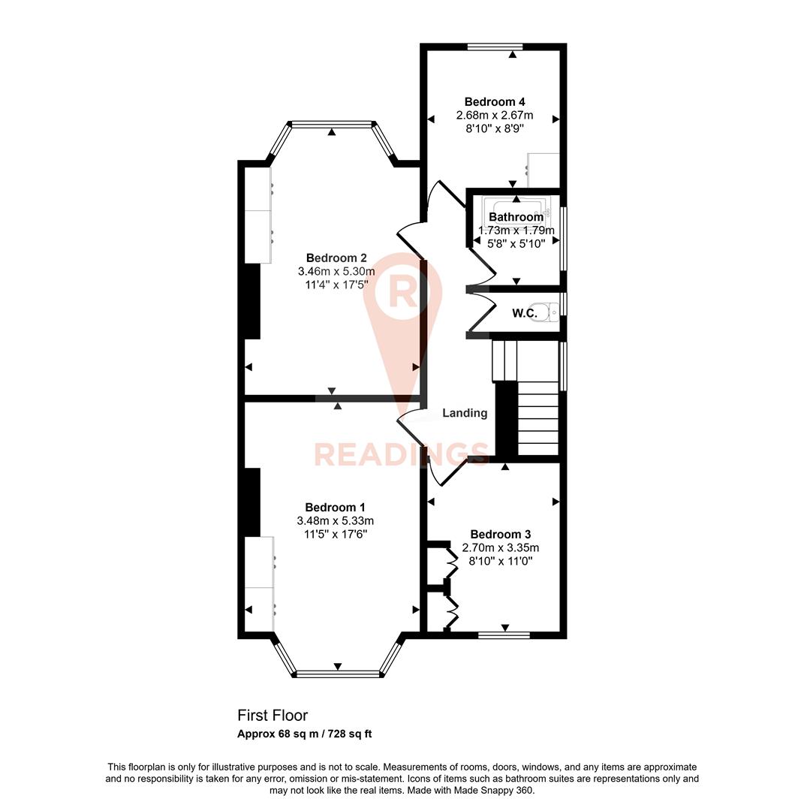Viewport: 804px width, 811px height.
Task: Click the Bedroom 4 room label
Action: (x=494, y=102)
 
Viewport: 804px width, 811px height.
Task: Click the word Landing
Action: (x=465, y=413)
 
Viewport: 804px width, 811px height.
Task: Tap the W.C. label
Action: (x=525, y=313)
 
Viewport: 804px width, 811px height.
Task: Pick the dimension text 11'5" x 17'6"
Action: (x=336, y=534)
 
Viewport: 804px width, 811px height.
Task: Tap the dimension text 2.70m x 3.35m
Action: (x=500, y=548)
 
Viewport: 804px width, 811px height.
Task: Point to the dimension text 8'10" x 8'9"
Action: (x=494, y=128)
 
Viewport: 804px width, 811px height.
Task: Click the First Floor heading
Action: (x=273, y=716)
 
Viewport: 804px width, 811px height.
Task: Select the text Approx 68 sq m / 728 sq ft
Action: (x=304, y=734)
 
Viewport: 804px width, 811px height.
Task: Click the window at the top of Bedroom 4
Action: (x=494, y=47)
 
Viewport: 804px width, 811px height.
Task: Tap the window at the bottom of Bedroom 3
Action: (x=504, y=635)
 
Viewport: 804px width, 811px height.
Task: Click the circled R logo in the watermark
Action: (x=402, y=292)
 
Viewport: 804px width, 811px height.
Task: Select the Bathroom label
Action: (x=516, y=218)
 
